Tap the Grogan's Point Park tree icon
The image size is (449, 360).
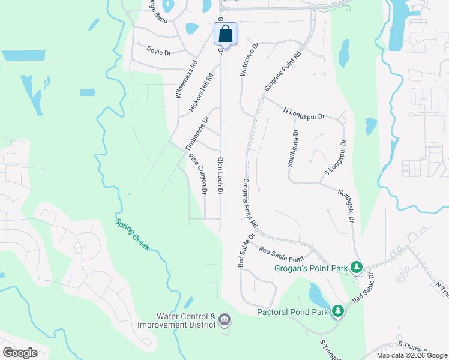[x=357, y=266]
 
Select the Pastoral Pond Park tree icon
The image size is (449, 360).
[x=339, y=311]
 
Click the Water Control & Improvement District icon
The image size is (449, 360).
[x=224, y=319]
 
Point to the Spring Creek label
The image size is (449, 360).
[x=132, y=233]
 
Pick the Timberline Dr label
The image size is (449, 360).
[x=196, y=134]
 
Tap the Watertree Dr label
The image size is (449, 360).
[x=249, y=59]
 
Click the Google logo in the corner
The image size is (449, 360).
[x=20, y=353]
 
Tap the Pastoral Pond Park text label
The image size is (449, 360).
[x=292, y=312]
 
